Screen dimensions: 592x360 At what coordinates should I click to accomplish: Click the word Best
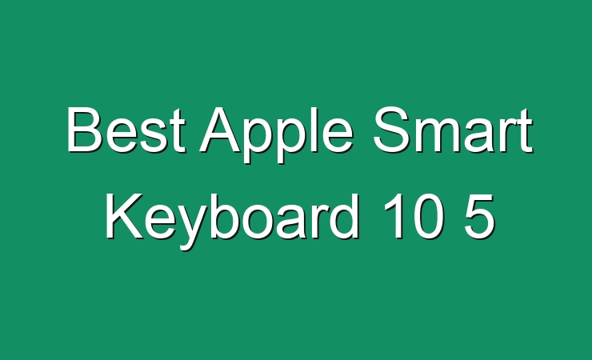pos(126,129)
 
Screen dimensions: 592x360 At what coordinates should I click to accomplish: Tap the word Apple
pos(276,134)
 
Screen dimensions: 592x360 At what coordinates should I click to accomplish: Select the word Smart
pos(453,129)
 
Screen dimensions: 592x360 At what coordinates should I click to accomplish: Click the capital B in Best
pos(85,129)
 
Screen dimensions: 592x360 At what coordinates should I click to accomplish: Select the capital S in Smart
pos(391,129)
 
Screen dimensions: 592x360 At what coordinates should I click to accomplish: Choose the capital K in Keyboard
pos(124,216)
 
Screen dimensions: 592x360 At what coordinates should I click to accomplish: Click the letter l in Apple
pos(310,129)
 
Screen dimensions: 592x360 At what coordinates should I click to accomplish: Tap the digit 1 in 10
pos(393,216)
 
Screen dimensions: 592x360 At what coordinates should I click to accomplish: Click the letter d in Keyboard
pos(343,216)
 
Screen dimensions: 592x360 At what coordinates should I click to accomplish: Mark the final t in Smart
pos(525,131)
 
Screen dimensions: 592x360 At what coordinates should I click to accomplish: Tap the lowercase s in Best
pos(153,135)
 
